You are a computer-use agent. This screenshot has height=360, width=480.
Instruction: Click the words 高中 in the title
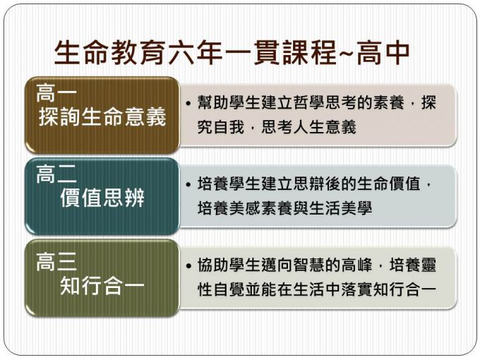point(383,52)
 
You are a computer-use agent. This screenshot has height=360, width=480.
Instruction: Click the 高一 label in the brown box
point(56,93)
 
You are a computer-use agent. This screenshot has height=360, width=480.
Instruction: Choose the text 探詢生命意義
point(102,116)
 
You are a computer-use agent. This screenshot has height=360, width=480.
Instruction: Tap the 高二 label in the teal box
point(56,174)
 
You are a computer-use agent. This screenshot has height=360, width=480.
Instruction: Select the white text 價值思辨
point(102,198)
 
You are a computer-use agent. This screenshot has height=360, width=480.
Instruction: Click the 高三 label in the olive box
point(56,262)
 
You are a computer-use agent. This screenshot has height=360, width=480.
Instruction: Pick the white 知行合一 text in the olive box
point(102,286)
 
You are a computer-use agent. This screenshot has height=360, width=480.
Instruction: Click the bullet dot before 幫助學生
point(188,103)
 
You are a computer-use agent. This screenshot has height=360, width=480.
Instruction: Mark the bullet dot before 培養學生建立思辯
point(188,185)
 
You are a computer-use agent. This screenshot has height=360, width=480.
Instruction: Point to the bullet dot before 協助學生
point(188,265)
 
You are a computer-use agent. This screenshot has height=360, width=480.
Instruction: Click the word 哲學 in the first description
point(309,102)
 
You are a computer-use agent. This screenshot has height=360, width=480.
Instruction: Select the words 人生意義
point(325,127)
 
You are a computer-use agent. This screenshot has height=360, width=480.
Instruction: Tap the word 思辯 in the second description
point(309,184)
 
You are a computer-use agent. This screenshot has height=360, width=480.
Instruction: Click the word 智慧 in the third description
point(309,265)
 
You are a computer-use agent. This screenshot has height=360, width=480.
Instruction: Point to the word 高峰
point(356,265)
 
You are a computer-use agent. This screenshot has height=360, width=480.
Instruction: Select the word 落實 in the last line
point(356,289)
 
